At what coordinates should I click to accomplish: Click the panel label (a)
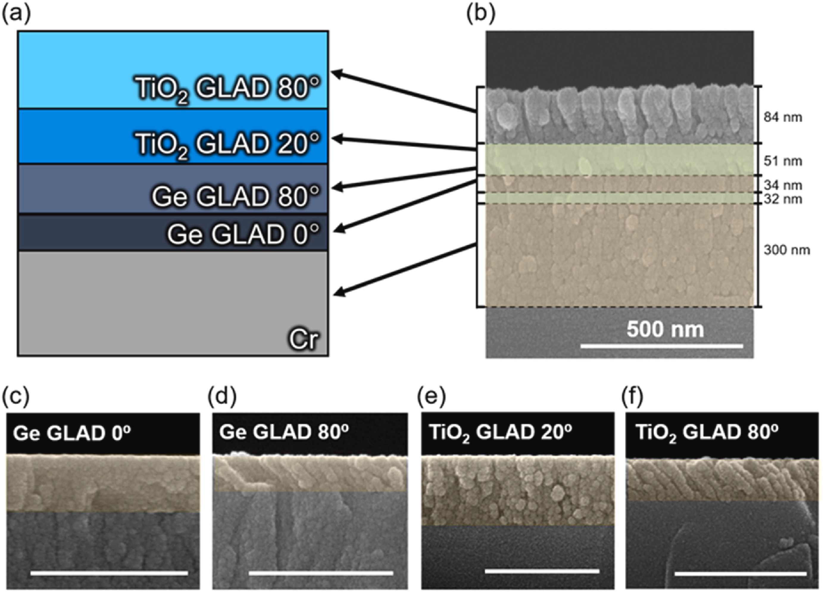[17, 15]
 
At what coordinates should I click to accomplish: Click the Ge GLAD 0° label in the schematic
[243, 234]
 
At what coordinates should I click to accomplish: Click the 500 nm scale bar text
[665, 329]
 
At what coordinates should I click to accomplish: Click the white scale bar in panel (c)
[109, 574]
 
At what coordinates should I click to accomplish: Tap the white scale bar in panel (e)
[542, 571]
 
